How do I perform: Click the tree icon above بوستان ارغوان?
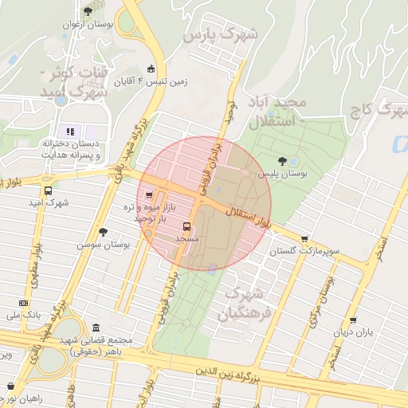[x=88, y=10]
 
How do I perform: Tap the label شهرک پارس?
[x=221, y=36]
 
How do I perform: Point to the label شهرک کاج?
[x=379, y=110]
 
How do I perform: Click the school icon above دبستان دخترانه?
[x=69, y=131]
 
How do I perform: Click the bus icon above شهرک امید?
[x=49, y=191]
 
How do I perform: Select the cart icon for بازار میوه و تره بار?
[x=149, y=194]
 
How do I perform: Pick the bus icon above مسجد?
[x=186, y=226]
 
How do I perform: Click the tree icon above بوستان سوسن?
[x=103, y=232]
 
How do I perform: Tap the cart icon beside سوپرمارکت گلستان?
[x=304, y=238]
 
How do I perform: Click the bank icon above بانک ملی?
[x=23, y=303]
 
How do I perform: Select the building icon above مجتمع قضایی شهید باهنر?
[x=96, y=328]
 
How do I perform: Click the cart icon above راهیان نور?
[x=10, y=386]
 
